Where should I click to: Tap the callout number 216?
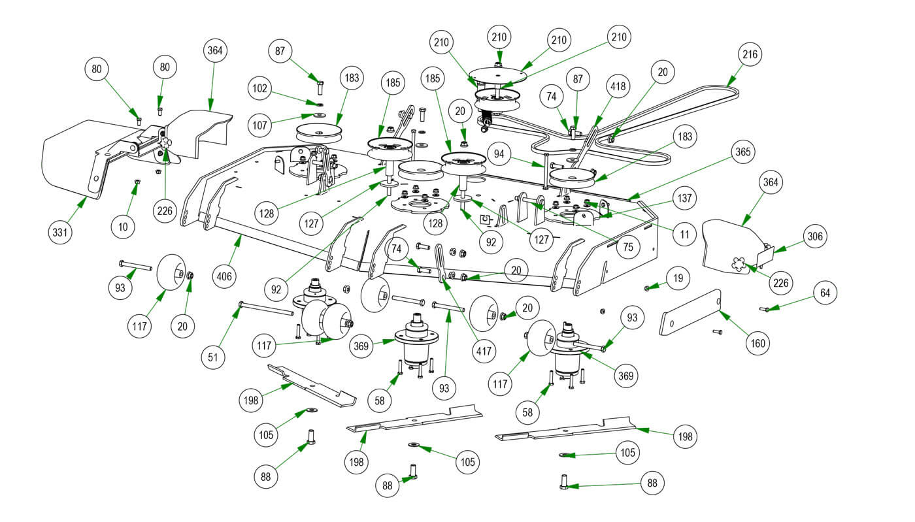pos(750,55)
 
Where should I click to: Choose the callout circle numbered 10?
pos(124,226)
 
